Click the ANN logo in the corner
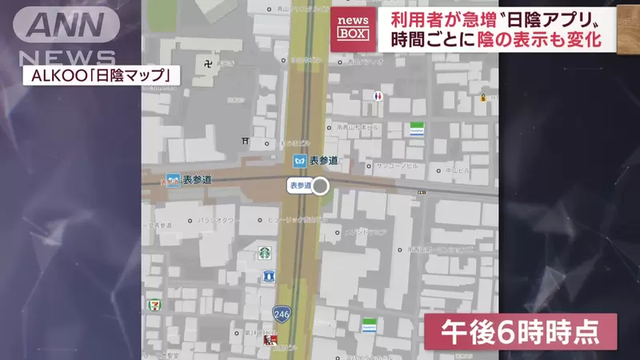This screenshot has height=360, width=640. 71,26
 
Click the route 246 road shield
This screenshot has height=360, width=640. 281,314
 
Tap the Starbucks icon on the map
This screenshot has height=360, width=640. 264,253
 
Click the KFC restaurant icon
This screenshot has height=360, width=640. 270,342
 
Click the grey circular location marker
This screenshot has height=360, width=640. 320,186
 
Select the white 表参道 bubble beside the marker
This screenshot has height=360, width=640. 299,186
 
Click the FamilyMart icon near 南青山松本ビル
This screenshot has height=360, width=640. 416,129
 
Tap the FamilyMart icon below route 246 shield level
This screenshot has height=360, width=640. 369,325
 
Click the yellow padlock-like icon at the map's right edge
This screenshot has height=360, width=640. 484,98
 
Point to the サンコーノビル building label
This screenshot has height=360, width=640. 398,166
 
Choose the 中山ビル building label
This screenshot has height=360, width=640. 458,170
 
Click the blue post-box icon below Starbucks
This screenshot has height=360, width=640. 269,276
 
